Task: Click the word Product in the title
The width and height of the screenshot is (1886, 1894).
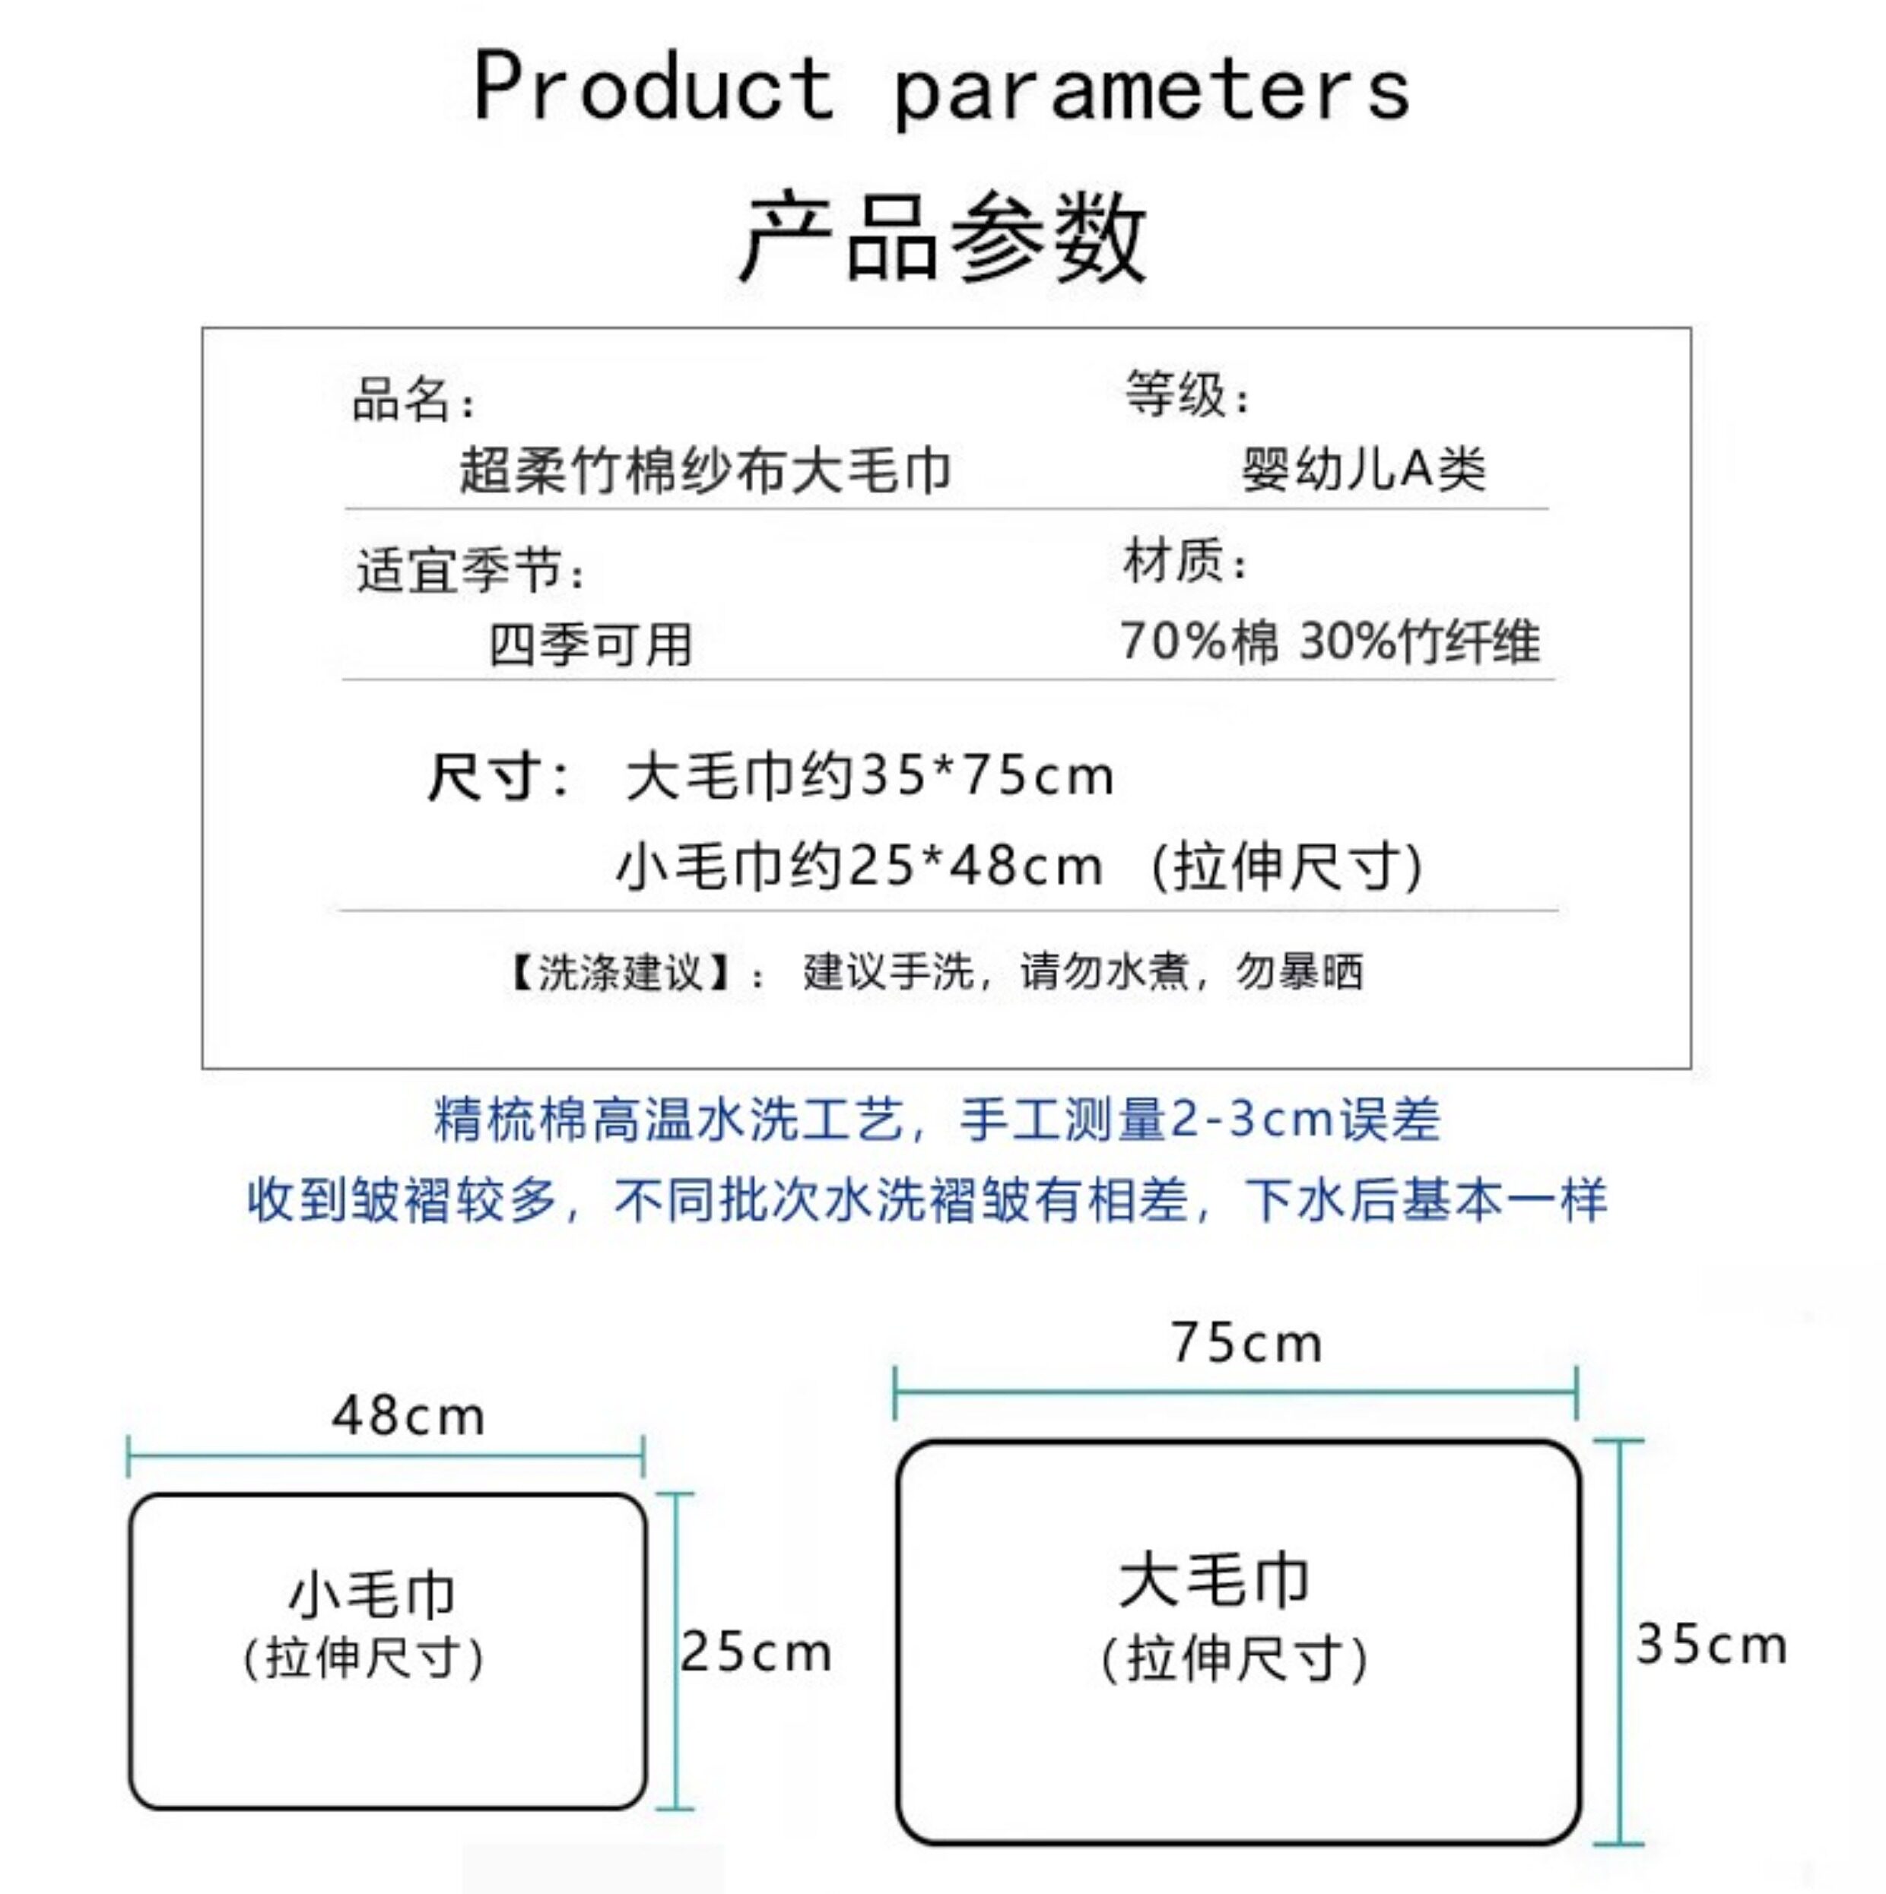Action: click(653, 88)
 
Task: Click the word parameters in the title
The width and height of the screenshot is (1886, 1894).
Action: click(1151, 91)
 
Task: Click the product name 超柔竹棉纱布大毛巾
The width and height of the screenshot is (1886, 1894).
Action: click(705, 470)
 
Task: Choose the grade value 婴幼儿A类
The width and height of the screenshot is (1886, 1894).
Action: click(1364, 469)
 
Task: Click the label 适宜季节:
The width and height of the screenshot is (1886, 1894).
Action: click(471, 571)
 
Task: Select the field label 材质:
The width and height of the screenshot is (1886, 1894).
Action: click(1185, 562)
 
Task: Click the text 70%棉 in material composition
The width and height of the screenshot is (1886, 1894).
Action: click(1199, 642)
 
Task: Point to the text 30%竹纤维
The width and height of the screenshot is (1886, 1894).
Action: click(1419, 642)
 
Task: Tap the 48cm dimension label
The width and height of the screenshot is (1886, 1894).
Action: click(408, 1417)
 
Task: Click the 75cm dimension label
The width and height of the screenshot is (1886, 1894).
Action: click(1246, 1343)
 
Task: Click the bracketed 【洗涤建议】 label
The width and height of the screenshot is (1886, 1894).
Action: click(620, 973)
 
